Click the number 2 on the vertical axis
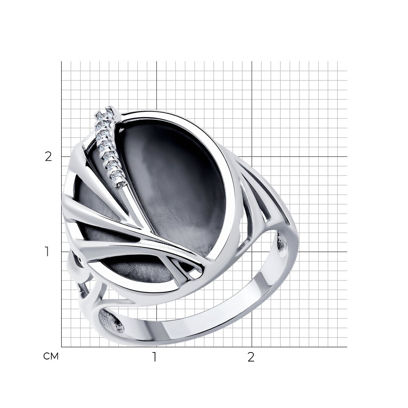tap(49, 157)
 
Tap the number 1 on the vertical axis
tap(47, 252)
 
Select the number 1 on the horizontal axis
tap(155, 357)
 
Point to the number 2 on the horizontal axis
tap(251, 357)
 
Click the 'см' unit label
tap(51, 356)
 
